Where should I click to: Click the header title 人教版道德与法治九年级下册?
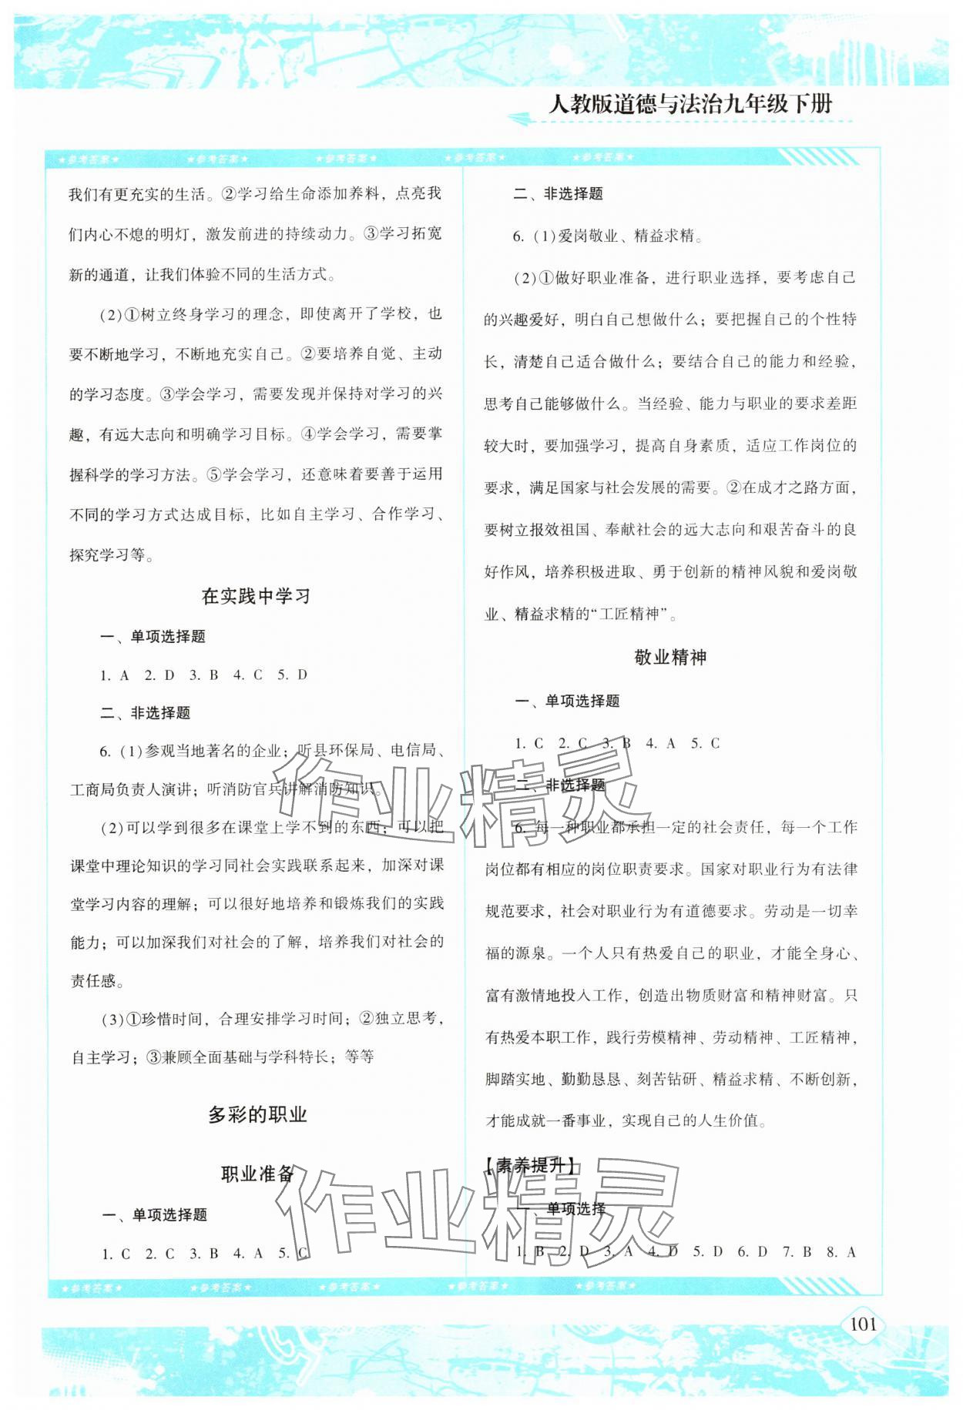(x=690, y=105)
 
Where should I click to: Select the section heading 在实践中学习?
(x=256, y=596)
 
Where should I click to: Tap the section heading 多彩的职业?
(x=257, y=1114)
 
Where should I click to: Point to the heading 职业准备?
(x=257, y=1174)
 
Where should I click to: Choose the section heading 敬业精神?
(x=670, y=657)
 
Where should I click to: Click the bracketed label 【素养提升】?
(x=532, y=1166)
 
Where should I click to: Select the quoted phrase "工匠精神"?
(x=632, y=614)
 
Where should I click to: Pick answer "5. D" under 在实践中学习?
(x=292, y=675)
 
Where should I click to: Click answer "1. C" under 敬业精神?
(x=529, y=743)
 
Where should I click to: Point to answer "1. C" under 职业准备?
(x=116, y=1254)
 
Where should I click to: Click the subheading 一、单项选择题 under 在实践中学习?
(x=153, y=636)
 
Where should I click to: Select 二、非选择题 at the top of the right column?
(x=558, y=194)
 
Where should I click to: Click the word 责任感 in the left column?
(x=93, y=980)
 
